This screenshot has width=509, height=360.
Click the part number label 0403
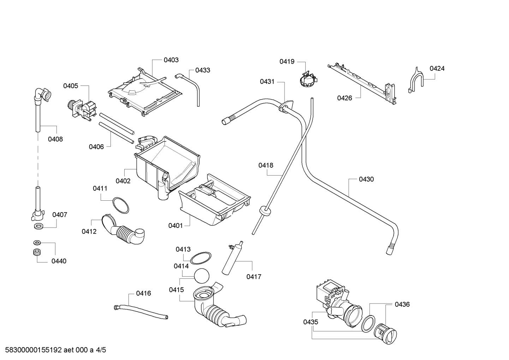[x=171, y=60]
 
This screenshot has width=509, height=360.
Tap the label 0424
[x=437, y=69]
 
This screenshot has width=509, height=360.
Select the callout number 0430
[x=366, y=179]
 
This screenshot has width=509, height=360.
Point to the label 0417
[x=254, y=277]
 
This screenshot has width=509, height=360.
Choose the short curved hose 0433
[x=191, y=87]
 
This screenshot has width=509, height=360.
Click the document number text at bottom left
[x=53, y=350]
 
